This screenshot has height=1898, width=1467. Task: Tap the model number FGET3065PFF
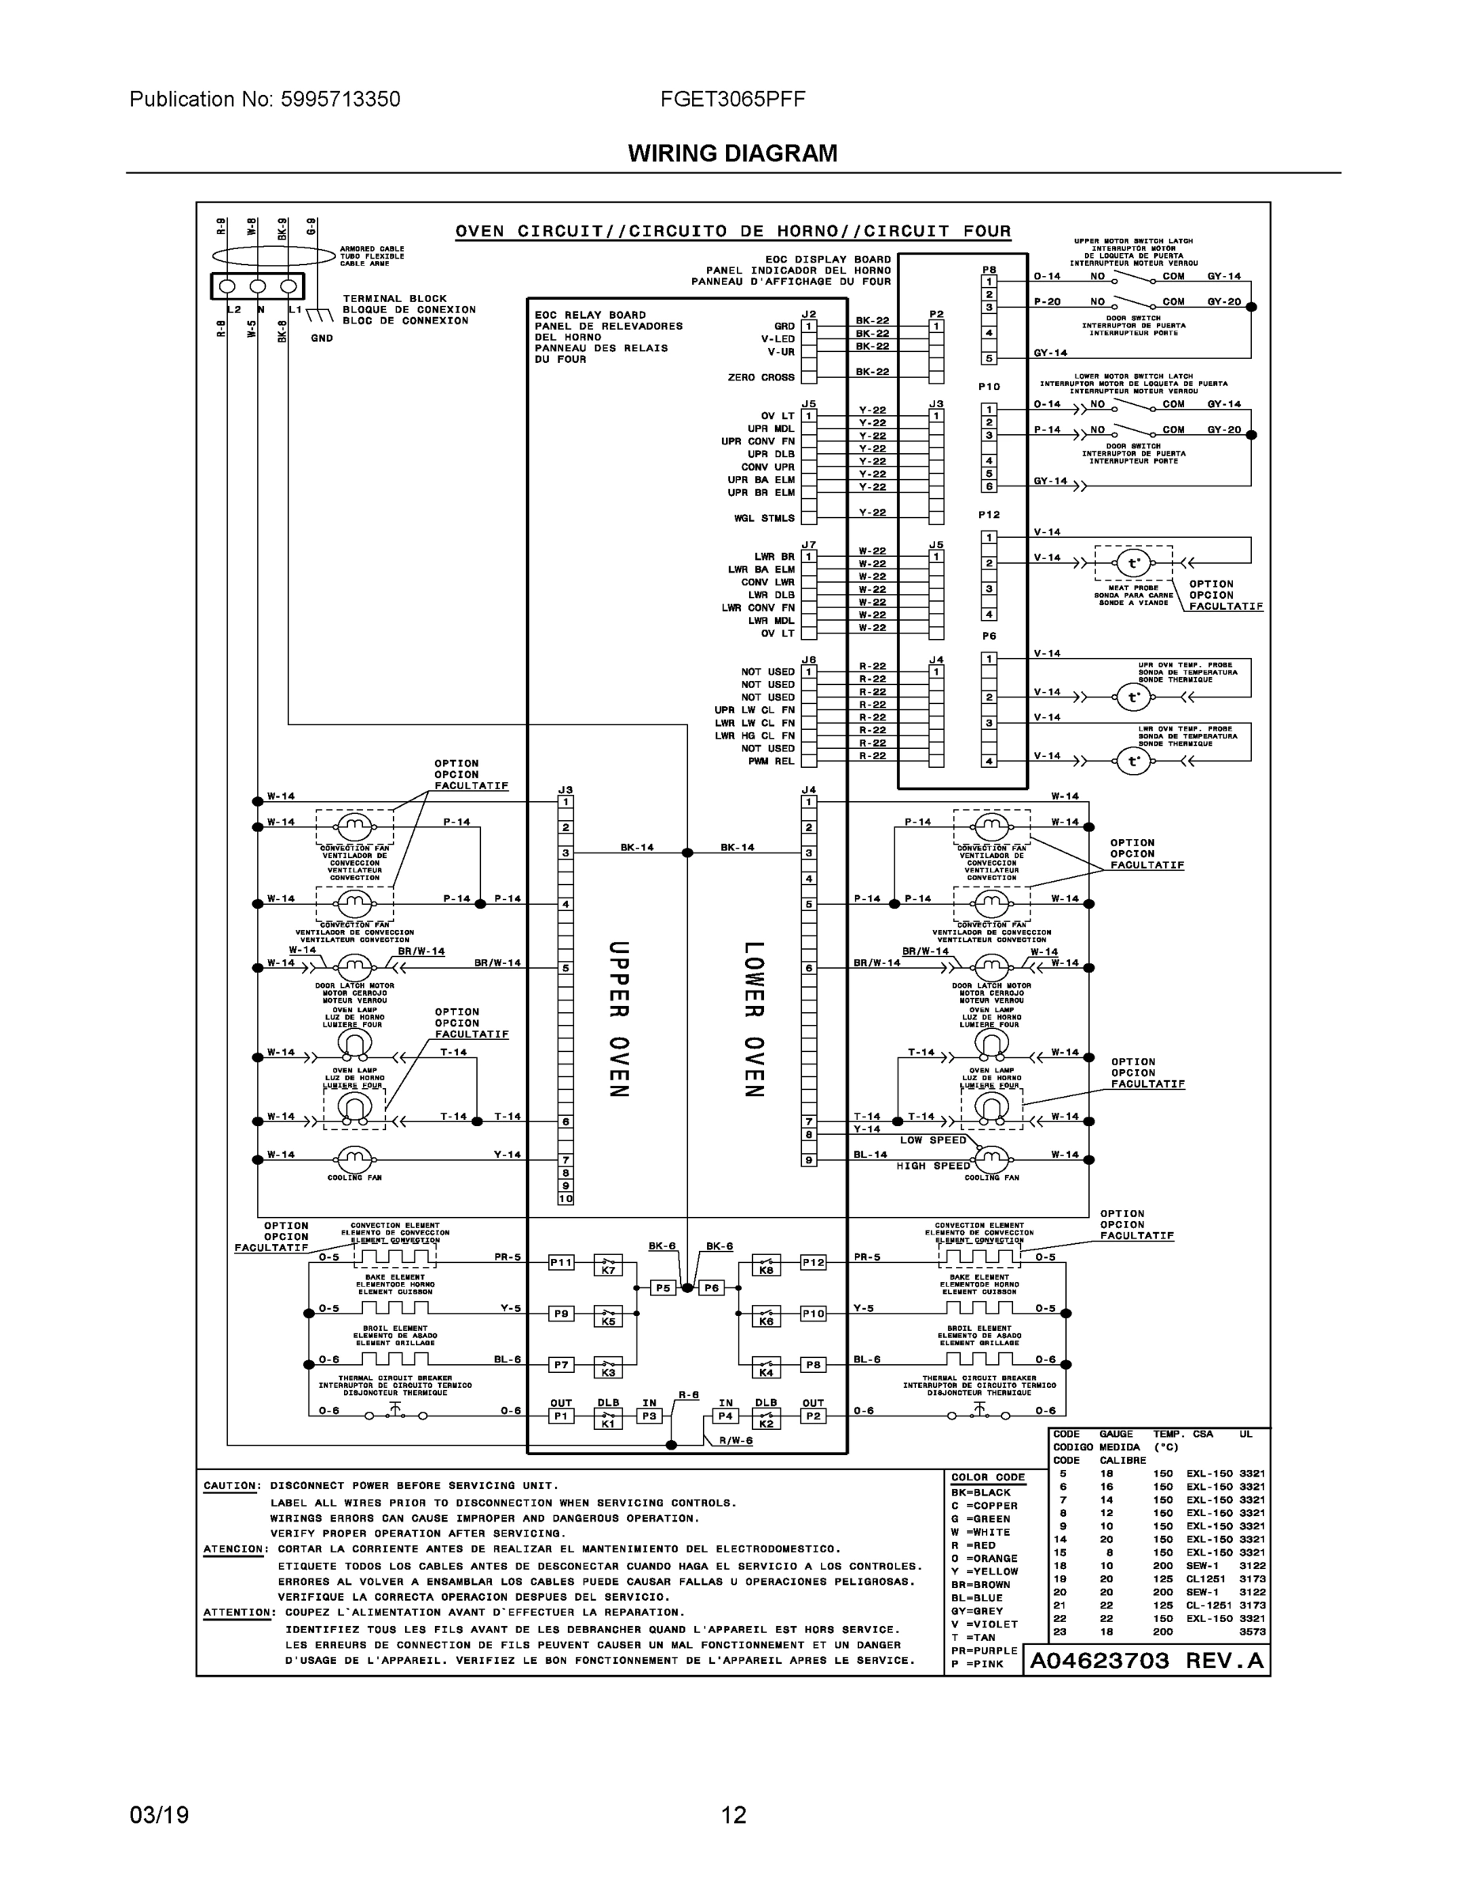732,99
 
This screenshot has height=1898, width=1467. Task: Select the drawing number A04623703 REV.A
1146,1661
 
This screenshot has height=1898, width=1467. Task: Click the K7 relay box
608,1266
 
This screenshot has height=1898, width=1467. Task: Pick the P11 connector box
561,1262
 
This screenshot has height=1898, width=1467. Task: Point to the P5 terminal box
663,1288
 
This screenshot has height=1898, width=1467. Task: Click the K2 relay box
766,1420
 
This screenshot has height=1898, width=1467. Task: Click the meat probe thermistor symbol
1133,563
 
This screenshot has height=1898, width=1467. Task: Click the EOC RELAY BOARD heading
590,316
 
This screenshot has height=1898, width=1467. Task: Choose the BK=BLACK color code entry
981,1492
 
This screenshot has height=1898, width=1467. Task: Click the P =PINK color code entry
977,1664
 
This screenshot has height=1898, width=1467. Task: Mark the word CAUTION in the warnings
230,1485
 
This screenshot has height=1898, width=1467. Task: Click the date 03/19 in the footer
159,1815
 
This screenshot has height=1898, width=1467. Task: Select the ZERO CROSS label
761,377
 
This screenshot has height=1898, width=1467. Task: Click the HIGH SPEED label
932,1166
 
